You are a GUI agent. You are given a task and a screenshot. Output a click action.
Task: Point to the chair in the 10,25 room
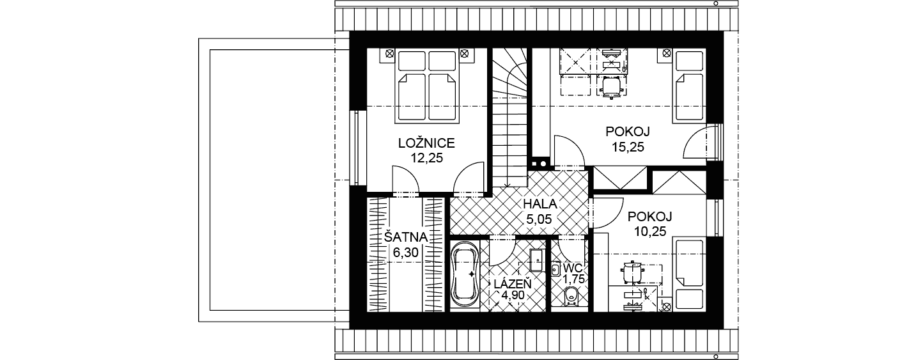point(633,271)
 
